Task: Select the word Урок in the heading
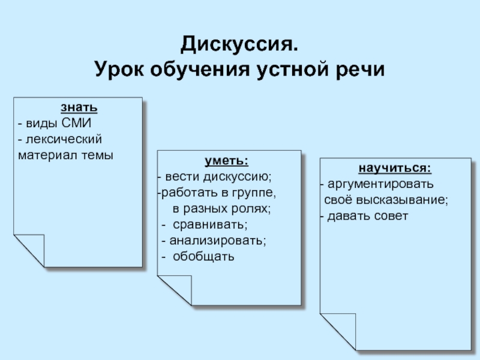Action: [x=119, y=70]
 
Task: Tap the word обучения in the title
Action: [x=200, y=70]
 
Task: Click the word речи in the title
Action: [x=360, y=70]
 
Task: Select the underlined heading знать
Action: [x=79, y=107]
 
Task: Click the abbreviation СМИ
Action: [x=76, y=123]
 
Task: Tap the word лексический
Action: [x=64, y=139]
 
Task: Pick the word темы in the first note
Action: [x=97, y=155]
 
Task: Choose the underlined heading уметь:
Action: [x=227, y=161]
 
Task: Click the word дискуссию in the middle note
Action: [x=237, y=177]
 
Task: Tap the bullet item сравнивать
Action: [x=210, y=224]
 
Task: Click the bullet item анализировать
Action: [x=218, y=241]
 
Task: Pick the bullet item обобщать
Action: [x=203, y=257]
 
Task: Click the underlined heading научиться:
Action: [x=395, y=168]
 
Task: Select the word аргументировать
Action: [x=380, y=184]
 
